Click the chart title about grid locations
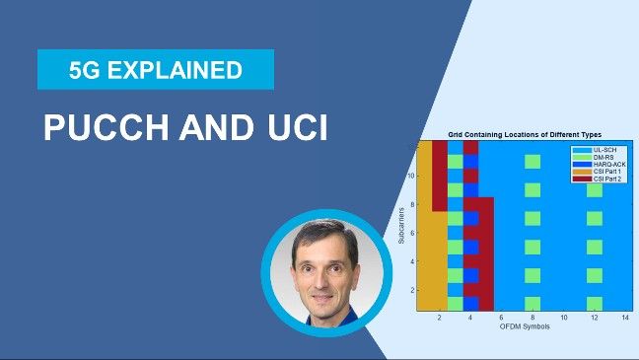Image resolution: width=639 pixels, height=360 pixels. click(524, 134)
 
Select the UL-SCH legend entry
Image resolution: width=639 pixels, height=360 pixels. click(599, 147)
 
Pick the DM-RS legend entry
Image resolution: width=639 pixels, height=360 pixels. click(598, 155)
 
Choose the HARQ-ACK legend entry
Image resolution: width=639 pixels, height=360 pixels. click(601, 163)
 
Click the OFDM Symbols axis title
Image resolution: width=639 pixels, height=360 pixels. click(524, 326)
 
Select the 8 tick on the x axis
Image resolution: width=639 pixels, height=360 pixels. click(532, 318)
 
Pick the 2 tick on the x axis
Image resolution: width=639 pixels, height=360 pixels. click(440, 318)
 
